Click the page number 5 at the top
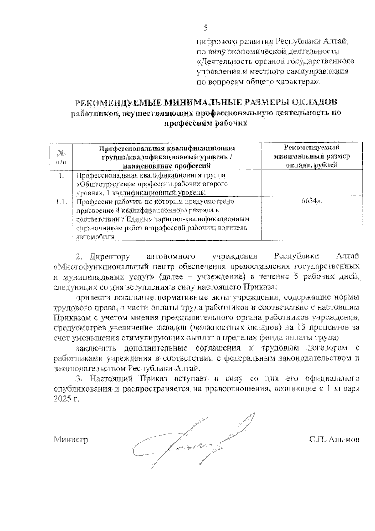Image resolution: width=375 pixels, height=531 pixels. coord(205,28)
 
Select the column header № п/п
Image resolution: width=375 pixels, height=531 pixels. coord(62,158)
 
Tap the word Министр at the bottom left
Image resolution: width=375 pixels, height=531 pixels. coord(71,439)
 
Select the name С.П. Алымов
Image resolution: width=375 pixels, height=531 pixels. coord(334,439)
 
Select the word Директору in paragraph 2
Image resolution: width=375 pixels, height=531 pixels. coord(110,256)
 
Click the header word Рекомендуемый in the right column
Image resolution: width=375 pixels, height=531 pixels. coord(312,148)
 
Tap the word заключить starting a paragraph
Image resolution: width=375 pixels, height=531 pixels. coord(96,348)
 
